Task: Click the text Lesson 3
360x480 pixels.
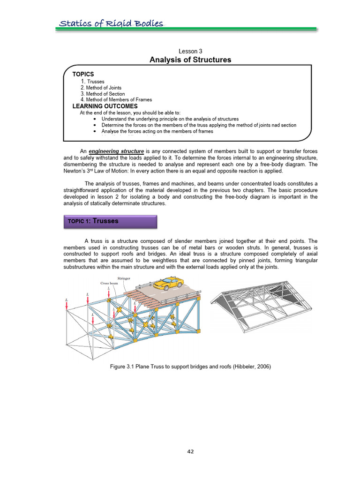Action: click(190, 51)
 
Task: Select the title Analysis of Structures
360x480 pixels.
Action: click(190, 60)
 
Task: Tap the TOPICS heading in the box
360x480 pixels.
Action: click(83, 74)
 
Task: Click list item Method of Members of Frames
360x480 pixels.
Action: click(116, 100)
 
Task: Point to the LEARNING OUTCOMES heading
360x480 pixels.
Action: click(105, 106)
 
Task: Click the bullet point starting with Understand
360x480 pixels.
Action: click(170, 119)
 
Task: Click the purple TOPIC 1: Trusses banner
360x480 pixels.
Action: click(110, 221)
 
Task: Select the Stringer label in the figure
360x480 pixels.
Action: click(123, 278)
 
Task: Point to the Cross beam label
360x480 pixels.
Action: click(109, 283)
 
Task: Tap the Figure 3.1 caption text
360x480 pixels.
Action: click(190, 366)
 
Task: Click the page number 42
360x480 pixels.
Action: click(190, 451)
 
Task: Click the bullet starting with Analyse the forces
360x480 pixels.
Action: click(157, 131)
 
